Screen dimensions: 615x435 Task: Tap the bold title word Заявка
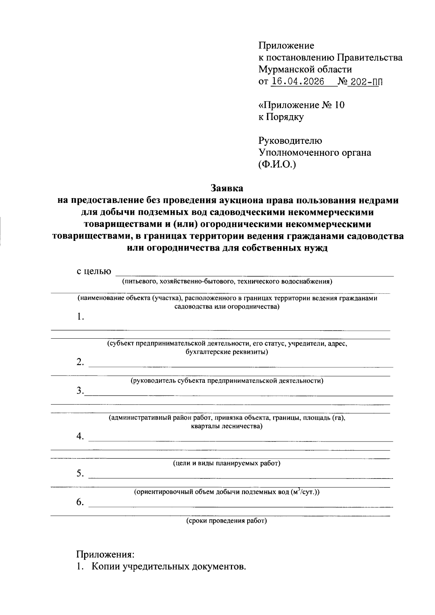(227, 188)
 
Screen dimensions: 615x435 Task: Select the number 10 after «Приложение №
(338, 105)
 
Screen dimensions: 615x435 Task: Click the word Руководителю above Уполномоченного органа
(290, 141)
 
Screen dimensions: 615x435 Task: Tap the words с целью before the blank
(94, 271)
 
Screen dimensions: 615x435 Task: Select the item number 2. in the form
(80, 362)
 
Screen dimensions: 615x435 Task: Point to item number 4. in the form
(80, 436)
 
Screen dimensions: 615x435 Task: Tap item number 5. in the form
(80, 474)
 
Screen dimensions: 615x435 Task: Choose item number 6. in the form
(80, 502)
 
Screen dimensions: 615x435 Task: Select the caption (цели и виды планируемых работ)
(227, 463)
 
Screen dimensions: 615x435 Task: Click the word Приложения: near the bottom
(105, 555)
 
